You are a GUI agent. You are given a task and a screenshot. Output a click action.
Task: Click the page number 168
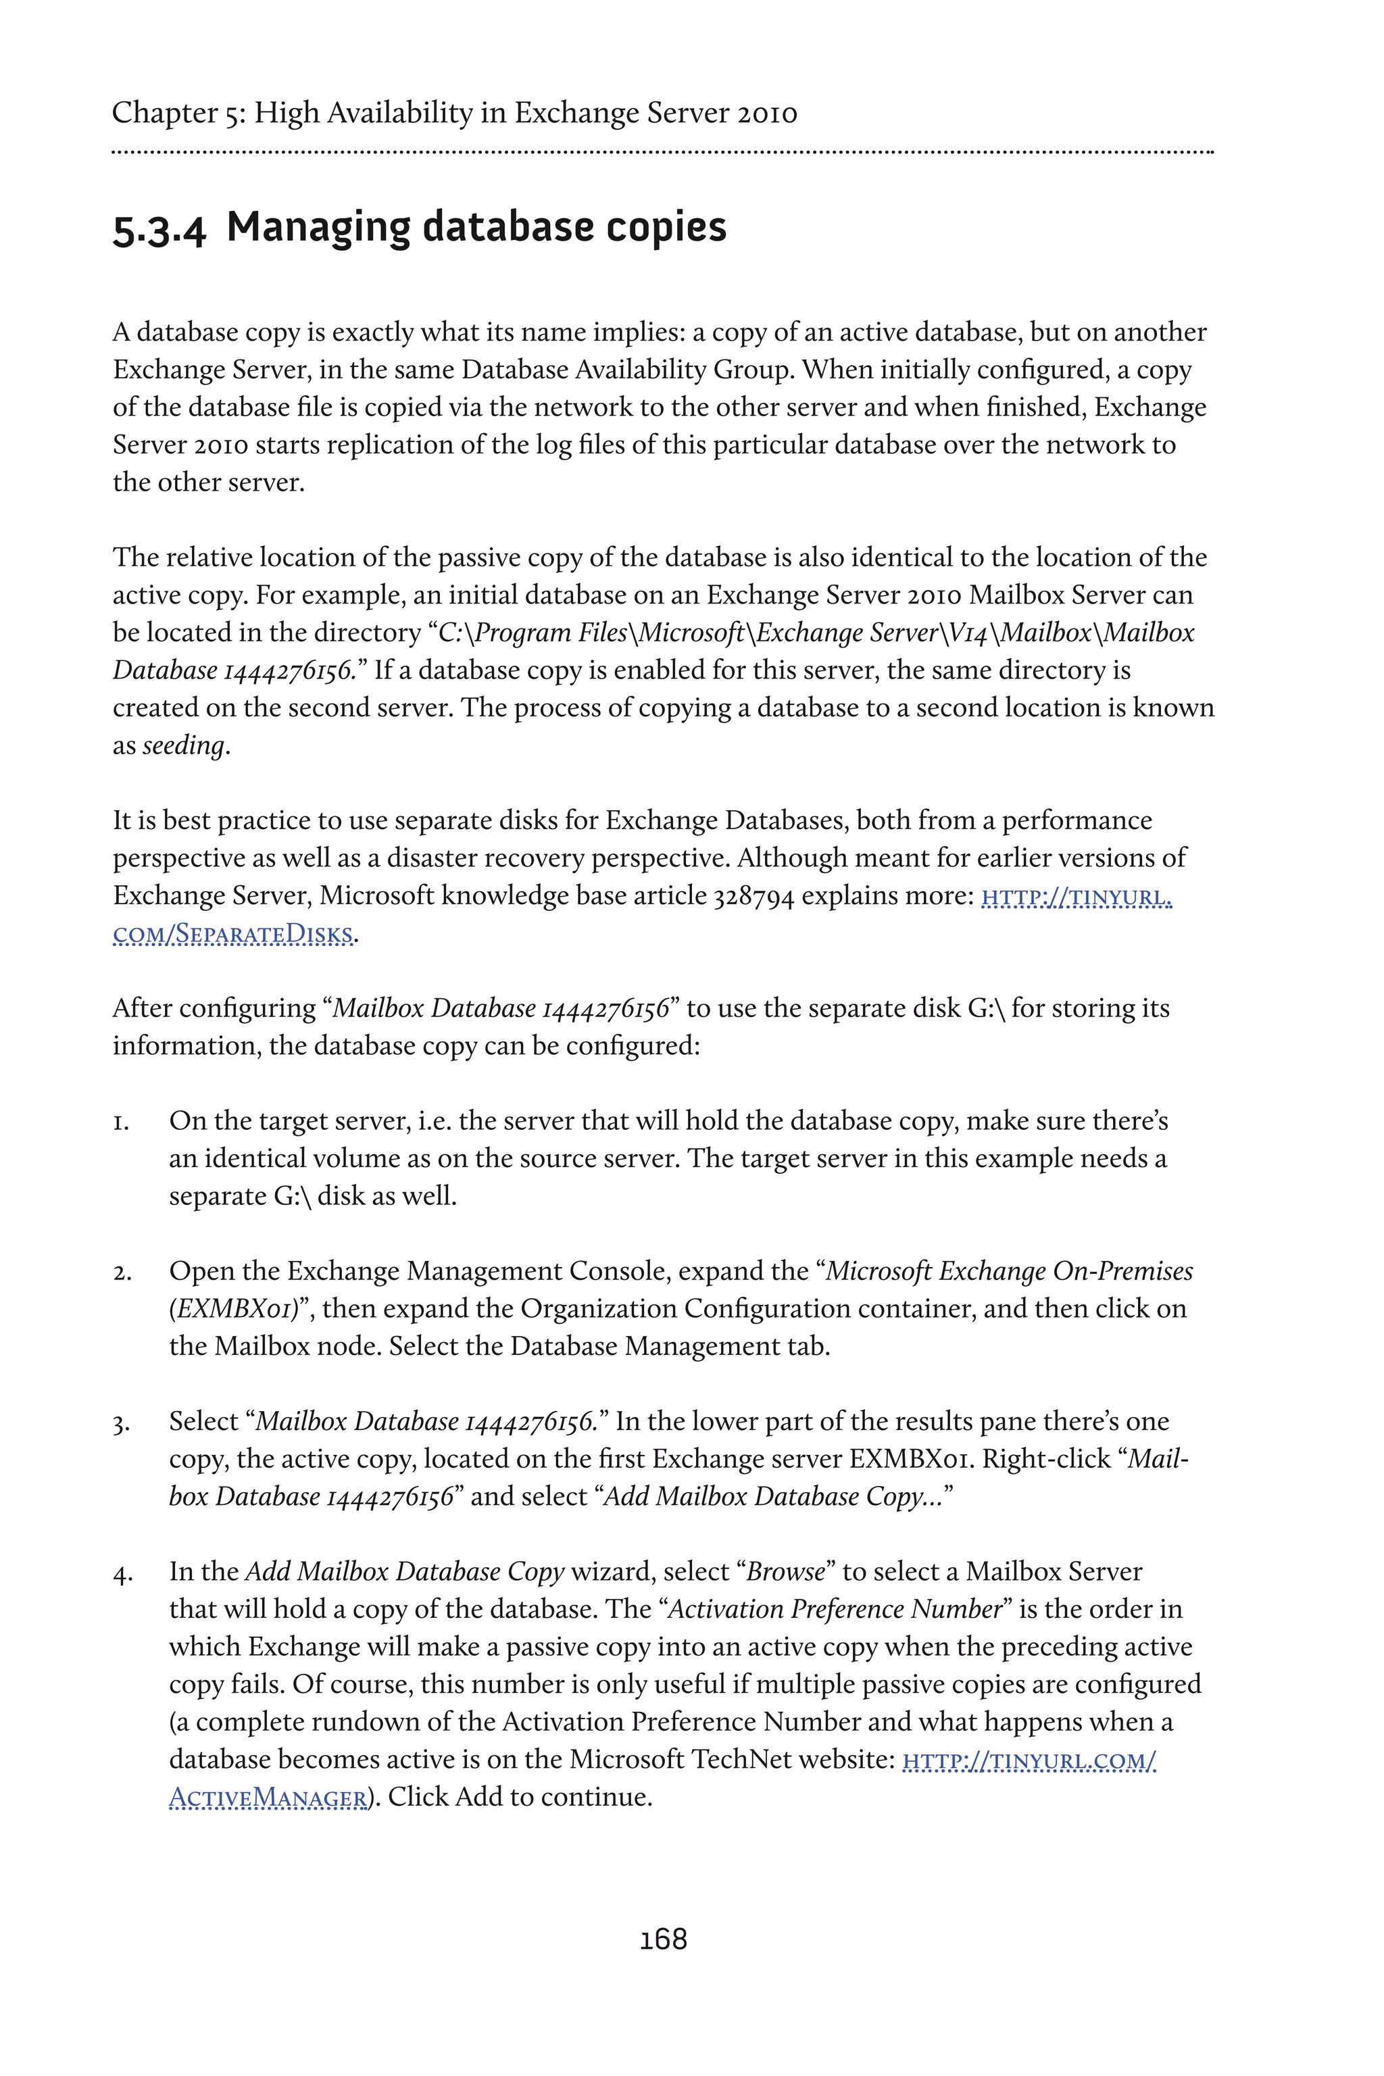(x=663, y=1939)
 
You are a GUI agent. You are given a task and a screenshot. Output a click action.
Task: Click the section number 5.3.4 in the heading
(x=159, y=230)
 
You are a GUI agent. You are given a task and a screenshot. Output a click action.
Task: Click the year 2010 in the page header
(x=767, y=113)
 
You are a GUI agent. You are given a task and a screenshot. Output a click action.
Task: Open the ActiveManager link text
(x=268, y=1797)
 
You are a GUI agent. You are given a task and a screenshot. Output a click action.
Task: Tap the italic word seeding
(x=184, y=746)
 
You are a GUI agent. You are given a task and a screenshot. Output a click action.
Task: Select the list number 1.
(x=121, y=1122)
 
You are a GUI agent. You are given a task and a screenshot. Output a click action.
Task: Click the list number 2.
(x=122, y=1272)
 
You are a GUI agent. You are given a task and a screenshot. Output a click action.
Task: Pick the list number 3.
(x=122, y=1423)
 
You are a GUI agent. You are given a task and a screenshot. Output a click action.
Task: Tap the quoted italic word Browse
(x=785, y=1572)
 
